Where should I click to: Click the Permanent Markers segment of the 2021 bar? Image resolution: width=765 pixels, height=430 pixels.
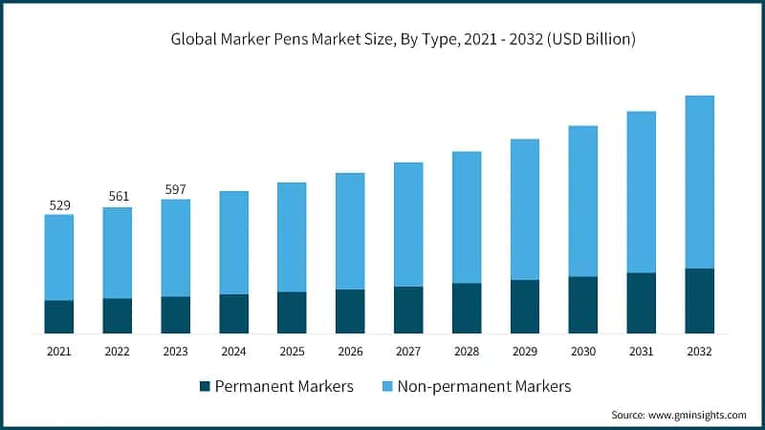[x=59, y=316]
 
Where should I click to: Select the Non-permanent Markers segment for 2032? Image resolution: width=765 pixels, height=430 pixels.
[x=699, y=182]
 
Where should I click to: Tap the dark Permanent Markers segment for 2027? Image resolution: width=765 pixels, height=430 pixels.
[x=408, y=310]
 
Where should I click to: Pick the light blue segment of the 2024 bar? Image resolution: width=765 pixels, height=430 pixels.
[x=233, y=243]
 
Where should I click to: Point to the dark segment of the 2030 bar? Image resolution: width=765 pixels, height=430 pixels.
[x=582, y=305]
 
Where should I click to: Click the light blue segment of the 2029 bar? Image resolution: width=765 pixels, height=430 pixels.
[x=525, y=209]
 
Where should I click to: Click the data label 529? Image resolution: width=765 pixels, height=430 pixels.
[x=59, y=204]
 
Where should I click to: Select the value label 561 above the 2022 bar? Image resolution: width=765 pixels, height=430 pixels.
[x=118, y=196]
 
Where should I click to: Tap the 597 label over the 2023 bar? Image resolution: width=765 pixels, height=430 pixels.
[x=175, y=188]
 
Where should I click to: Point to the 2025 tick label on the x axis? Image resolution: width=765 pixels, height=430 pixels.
[x=292, y=352]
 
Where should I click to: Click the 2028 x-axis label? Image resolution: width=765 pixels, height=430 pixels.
[x=467, y=352]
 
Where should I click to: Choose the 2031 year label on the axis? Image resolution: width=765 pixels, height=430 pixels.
[x=641, y=352]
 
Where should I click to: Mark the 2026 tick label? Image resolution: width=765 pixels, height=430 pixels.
[x=350, y=352]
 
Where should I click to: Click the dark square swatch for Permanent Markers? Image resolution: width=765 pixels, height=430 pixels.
[x=204, y=387]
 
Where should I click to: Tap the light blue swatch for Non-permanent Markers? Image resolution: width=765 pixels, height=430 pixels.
[x=386, y=387]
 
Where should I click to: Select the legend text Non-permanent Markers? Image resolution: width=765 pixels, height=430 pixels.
[x=484, y=387]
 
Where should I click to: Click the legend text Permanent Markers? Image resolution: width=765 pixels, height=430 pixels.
[x=284, y=387]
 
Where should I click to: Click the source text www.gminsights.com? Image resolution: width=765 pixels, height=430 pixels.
[x=697, y=415]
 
